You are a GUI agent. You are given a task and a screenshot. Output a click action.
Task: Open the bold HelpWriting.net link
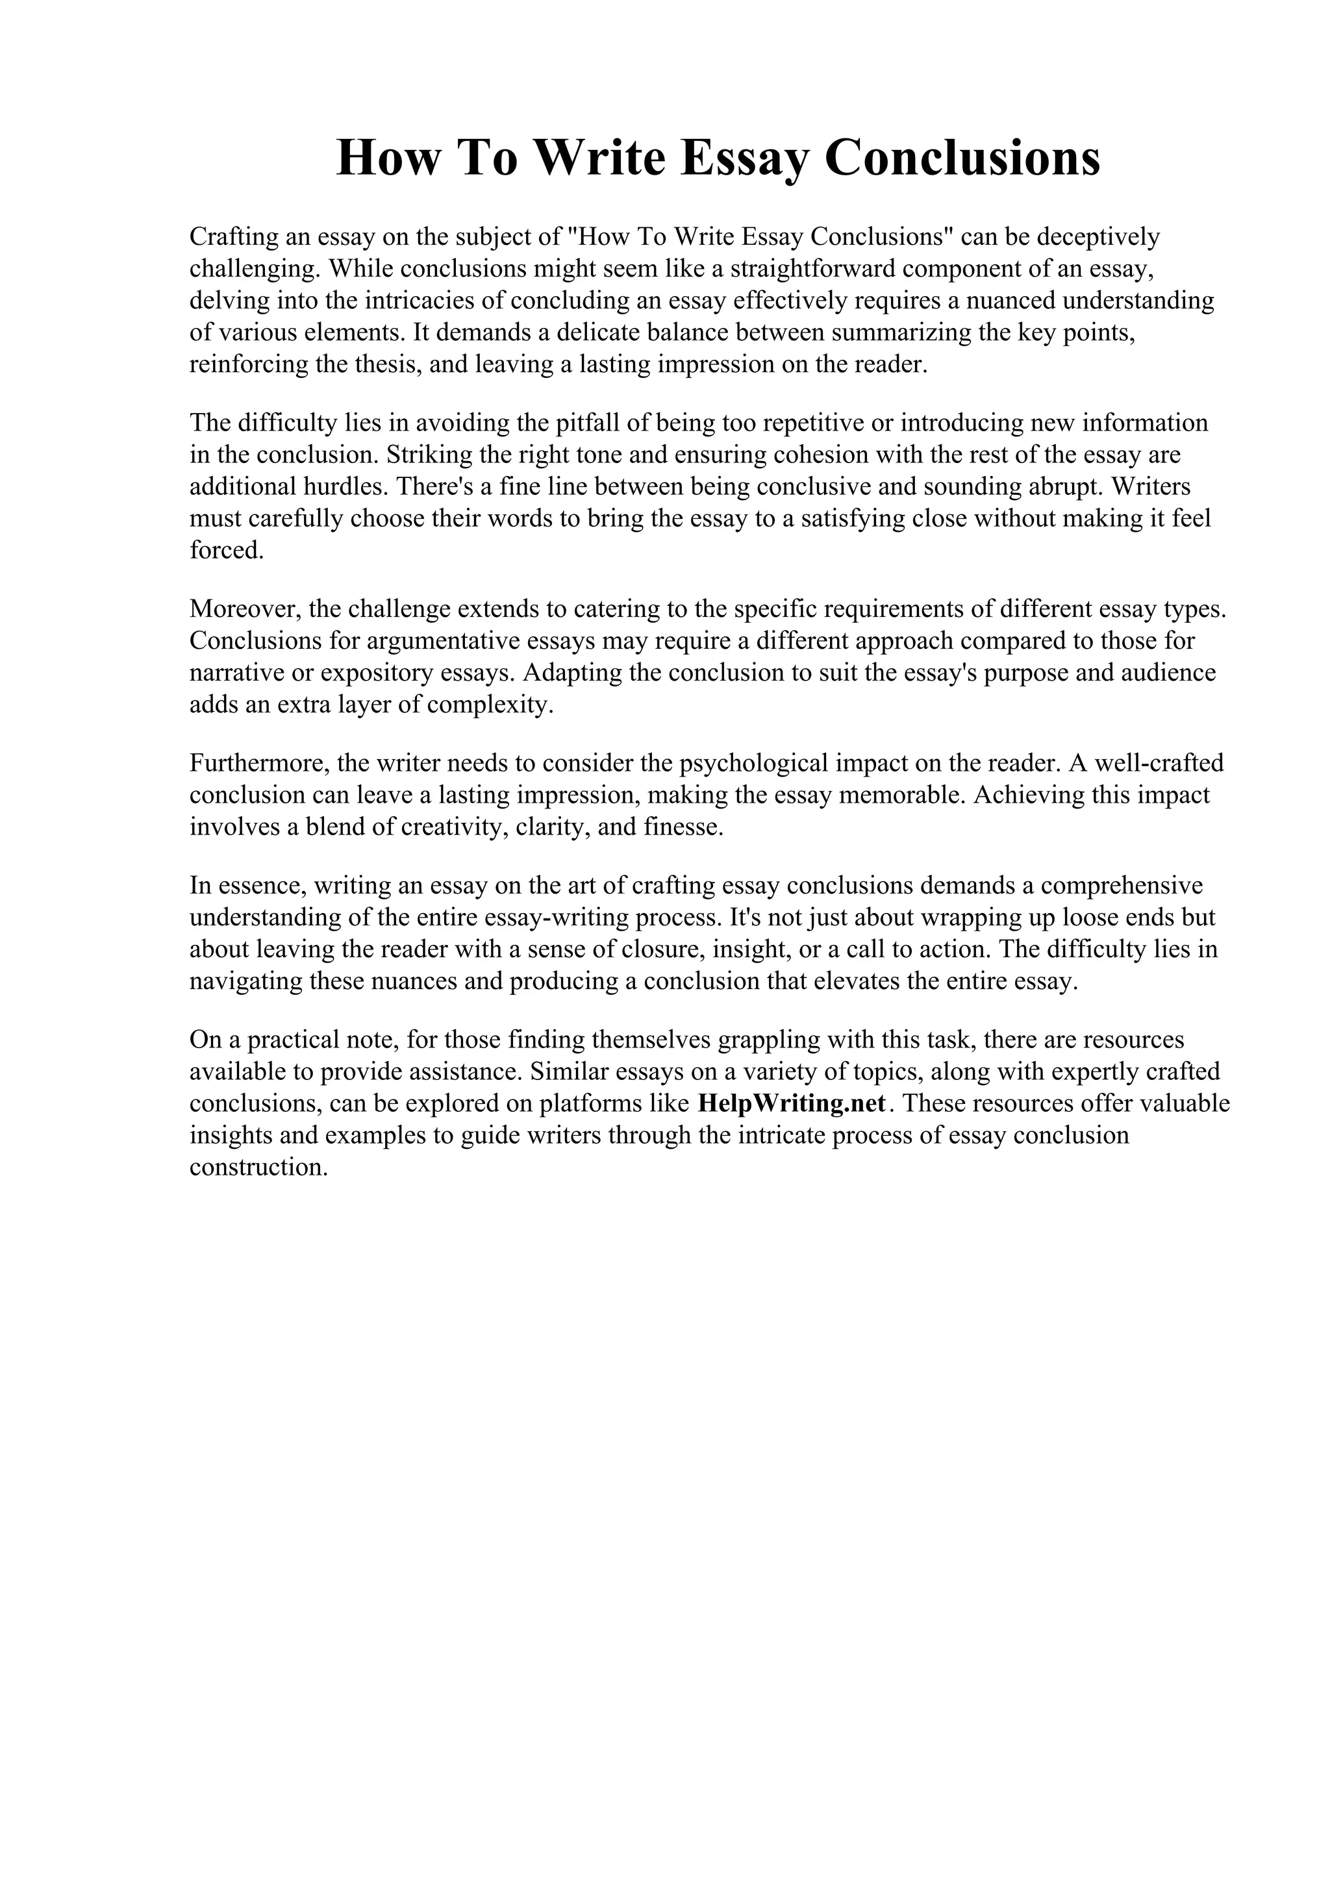pos(791,1103)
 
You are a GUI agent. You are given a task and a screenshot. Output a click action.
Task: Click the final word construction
pos(258,1167)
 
